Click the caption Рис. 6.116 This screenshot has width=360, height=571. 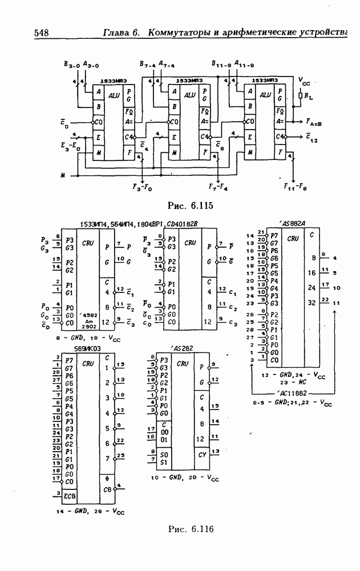click(x=190, y=529)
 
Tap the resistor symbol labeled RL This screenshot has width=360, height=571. click(x=300, y=96)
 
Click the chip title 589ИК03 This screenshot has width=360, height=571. click(x=88, y=349)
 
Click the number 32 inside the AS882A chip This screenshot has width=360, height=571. click(x=312, y=303)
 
